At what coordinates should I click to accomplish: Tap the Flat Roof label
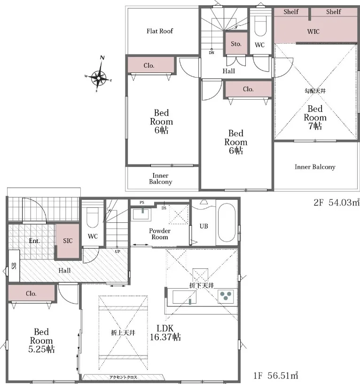pos(160,31)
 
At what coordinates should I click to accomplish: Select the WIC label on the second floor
pos(313,31)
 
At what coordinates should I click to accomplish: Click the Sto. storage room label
pos(236,44)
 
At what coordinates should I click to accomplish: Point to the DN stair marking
pos(211,53)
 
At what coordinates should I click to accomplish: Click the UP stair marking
pos(117,251)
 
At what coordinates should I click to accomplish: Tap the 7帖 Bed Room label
pos(315,118)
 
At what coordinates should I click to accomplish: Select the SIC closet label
pos(68,241)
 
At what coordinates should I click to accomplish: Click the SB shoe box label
pos(14,266)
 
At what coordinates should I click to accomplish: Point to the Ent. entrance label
pos(34,241)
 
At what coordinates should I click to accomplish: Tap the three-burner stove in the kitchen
pos(226,296)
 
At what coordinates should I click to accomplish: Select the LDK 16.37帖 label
pos(165,333)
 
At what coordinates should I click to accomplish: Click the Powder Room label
pos(160,234)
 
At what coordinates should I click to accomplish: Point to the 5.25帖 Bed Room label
pos(41,340)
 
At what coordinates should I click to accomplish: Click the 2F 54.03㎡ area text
pos(337,202)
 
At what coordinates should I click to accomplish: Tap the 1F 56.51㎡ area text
pos(275,375)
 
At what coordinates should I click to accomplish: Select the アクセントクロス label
pos(123,377)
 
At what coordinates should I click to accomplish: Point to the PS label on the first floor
pos(142,203)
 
